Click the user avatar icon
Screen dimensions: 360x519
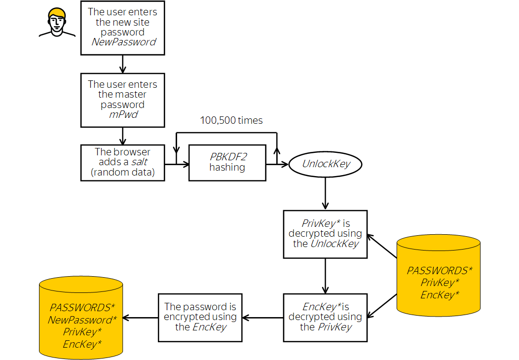(x=57, y=23)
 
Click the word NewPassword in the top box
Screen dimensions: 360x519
(x=124, y=42)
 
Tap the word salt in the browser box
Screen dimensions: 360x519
(x=140, y=162)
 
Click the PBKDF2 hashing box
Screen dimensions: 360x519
(x=227, y=162)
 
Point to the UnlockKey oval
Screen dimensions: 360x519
(x=325, y=164)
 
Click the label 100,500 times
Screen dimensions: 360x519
(x=231, y=120)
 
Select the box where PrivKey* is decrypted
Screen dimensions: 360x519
(x=325, y=234)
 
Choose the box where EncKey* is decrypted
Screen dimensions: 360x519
(x=325, y=317)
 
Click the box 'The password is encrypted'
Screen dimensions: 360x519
(x=200, y=317)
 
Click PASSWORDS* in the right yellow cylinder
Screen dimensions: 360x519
(x=439, y=271)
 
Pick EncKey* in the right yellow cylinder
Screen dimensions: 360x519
(x=439, y=295)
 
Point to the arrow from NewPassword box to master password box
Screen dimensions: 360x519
(x=122, y=64)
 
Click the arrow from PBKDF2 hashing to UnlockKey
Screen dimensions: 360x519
(x=277, y=164)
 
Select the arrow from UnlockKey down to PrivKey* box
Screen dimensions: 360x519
(x=325, y=192)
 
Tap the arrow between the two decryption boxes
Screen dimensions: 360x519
(x=325, y=276)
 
